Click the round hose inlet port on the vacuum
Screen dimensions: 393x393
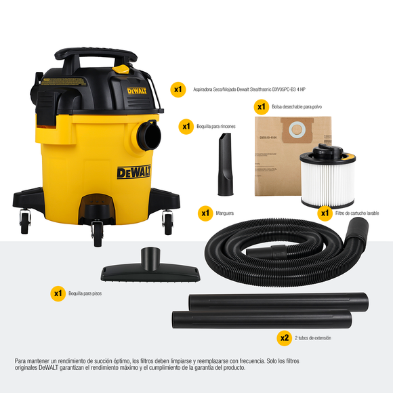[148, 136]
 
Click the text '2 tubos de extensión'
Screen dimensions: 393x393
[313, 337]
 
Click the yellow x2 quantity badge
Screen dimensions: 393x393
[285, 337]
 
